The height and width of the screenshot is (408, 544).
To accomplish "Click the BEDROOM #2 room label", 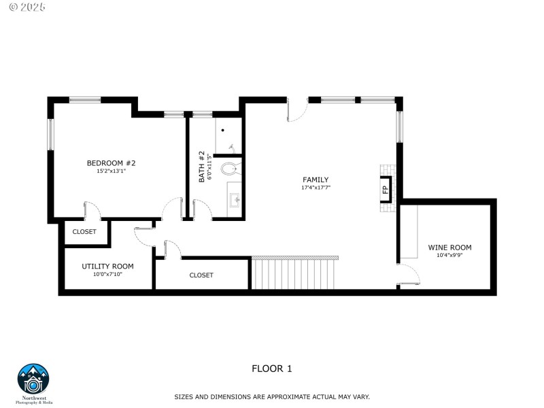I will tap(112, 163).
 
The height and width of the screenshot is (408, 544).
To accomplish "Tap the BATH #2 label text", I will tap(201, 166).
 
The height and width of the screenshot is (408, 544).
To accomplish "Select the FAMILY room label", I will tap(316, 180).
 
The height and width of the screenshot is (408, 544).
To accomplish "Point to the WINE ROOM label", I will tap(449, 248).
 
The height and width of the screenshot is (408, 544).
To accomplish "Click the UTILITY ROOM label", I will tap(107, 266).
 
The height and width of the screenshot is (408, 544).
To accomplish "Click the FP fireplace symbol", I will tap(385, 190).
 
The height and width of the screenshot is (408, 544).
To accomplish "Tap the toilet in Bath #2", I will tap(231, 167).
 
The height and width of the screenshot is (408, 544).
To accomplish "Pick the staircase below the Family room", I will tap(294, 273).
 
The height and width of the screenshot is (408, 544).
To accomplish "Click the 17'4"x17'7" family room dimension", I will tap(316, 188).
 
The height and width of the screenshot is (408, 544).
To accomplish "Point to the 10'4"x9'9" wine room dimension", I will tap(449, 256).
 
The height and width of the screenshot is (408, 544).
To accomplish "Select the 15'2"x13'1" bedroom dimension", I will tap(112, 171).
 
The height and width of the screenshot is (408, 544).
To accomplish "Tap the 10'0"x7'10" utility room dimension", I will tap(107, 275).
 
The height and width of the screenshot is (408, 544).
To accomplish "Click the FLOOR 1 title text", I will tap(271, 369).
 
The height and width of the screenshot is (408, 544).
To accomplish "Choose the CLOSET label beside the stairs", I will tap(201, 275).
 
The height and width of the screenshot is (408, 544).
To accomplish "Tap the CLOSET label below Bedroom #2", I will tap(84, 232).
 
